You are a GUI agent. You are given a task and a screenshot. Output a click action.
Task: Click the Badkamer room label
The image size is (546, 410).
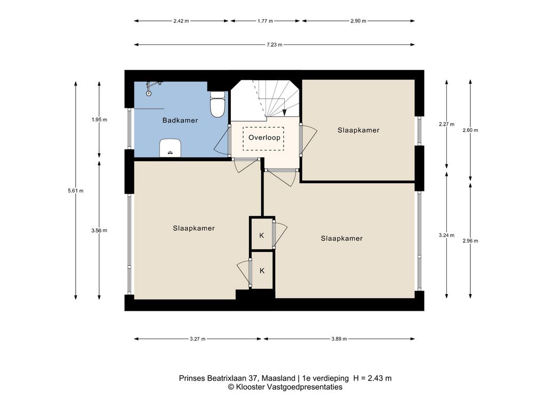[180, 120]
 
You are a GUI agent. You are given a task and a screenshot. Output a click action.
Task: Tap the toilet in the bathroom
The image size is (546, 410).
[218, 104]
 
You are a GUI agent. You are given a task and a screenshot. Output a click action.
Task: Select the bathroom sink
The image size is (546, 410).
[170, 148]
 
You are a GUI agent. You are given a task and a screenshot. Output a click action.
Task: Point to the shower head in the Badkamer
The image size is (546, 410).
[149, 93]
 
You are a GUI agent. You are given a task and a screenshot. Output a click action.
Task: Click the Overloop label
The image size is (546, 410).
[264, 138]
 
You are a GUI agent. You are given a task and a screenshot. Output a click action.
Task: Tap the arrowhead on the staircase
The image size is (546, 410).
[285, 113]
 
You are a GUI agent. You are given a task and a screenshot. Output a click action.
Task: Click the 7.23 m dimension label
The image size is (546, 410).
[275, 45]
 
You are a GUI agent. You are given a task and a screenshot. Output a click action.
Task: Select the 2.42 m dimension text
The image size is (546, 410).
[181, 21]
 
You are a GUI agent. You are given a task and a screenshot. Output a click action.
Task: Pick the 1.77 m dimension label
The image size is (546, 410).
[266, 21]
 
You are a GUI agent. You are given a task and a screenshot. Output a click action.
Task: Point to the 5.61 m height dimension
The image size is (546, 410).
[76, 191]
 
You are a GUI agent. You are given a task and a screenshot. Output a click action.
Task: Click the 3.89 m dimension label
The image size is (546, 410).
[339, 339]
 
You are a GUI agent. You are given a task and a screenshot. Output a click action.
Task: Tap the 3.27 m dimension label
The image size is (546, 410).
[197, 339]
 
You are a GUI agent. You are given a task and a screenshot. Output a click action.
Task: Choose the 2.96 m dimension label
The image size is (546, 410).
[470, 241]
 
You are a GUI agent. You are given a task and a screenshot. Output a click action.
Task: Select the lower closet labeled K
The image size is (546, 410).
[262, 270]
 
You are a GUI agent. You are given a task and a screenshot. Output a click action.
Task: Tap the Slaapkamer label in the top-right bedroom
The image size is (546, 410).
[358, 130]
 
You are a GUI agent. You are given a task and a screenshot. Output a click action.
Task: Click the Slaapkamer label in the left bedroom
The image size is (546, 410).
[194, 228]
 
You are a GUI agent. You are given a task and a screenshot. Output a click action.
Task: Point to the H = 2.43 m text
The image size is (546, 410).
[372, 379]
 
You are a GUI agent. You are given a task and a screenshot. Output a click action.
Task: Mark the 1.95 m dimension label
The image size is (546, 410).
[99, 120]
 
